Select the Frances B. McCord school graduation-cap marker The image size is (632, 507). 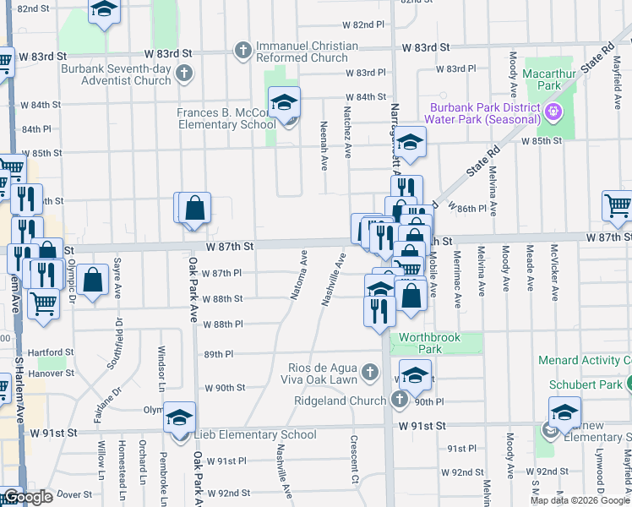(285, 104)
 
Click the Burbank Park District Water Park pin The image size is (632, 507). (554, 110)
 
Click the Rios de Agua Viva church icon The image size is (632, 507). (369, 372)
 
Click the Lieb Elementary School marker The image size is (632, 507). (180, 418)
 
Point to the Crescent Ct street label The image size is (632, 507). (354, 455)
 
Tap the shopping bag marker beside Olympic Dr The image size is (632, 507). (94, 279)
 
